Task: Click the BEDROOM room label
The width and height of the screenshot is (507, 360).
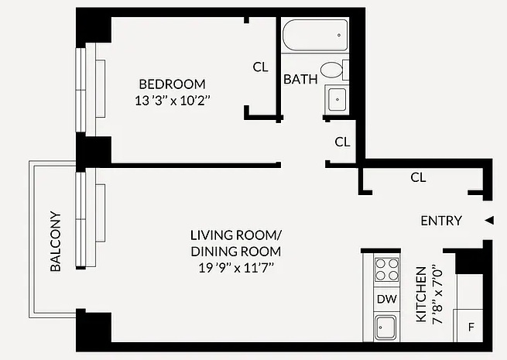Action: (x=172, y=84)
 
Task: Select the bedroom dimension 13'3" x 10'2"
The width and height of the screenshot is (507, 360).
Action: (x=172, y=99)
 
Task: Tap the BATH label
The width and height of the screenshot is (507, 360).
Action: (x=298, y=79)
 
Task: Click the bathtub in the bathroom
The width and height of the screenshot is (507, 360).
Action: (x=313, y=36)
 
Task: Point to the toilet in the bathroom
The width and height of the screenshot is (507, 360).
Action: (x=333, y=70)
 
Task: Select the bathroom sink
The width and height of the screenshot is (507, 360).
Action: (x=337, y=99)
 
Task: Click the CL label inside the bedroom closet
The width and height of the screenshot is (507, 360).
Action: (x=261, y=67)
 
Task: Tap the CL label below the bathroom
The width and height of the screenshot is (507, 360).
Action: (x=342, y=142)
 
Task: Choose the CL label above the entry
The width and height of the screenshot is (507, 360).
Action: (x=418, y=177)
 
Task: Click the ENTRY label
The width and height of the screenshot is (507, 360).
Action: (x=440, y=221)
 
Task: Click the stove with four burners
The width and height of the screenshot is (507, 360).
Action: (x=386, y=269)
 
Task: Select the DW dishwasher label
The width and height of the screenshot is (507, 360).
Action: (x=385, y=299)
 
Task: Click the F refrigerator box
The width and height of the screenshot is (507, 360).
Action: (x=471, y=326)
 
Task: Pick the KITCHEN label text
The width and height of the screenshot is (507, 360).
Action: (x=421, y=296)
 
